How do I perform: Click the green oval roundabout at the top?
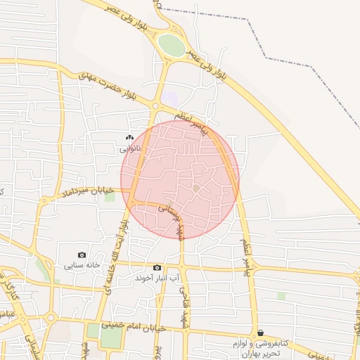click(171, 45)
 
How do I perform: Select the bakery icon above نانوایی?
click(129, 138)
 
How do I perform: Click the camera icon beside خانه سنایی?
click(82, 255)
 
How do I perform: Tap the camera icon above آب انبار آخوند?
click(157, 268)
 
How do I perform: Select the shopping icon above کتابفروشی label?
click(261, 333)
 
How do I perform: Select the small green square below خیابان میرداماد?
click(110, 196)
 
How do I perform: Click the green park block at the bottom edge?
click(110, 336)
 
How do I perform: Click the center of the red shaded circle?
click(180, 179)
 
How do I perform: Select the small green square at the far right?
click(281, 296)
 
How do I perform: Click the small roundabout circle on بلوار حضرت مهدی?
click(155, 105)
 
